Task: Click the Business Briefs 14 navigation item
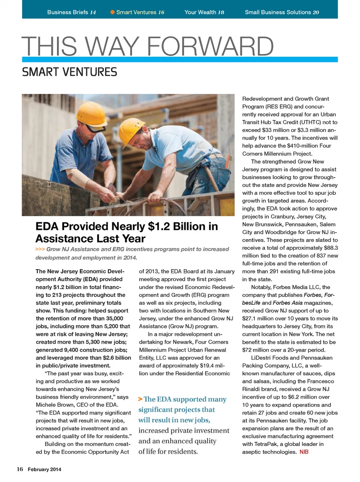pyautogui.click(x=71, y=12)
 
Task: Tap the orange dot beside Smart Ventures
pyautogui.click(x=112, y=12)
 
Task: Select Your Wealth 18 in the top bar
pyautogui.click(x=204, y=12)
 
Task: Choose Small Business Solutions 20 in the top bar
pyautogui.click(x=282, y=12)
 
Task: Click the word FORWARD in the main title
pyautogui.click(x=210, y=47)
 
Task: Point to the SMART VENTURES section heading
pyautogui.click(x=69, y=72)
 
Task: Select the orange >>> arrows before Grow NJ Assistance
pyautogui.click(x=40, y=249)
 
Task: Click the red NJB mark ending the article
pyautogui.click(x=304, y=452)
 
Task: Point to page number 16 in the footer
pyautogui.click(x=20, y=469)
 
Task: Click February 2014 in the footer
pyautogui.click(x=44, y=469)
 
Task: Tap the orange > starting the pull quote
pyautogui.click(x=140, y=399)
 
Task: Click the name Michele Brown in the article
pyautogui.click(x=53, y=405)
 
